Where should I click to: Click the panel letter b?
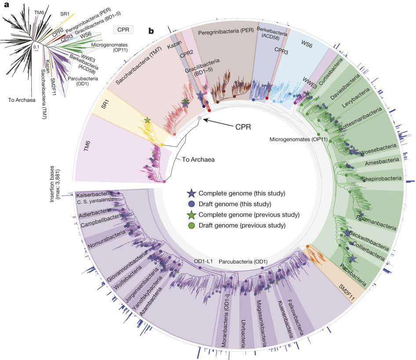151,31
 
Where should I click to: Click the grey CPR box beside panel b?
124,29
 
